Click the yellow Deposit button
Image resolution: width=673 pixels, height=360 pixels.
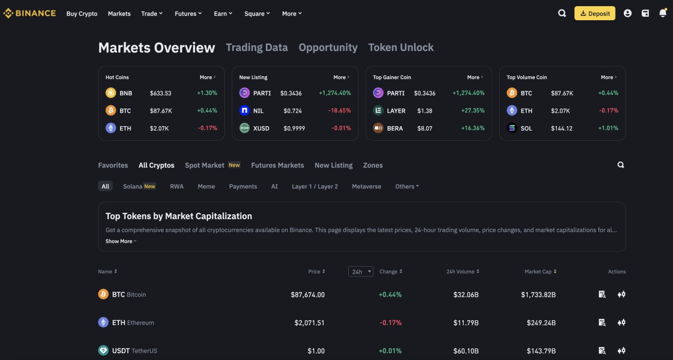point(594,13)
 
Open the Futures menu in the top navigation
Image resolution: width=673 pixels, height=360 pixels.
point(188,13)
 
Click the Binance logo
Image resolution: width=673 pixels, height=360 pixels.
point(30,13)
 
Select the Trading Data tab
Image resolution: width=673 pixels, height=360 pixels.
point(257,48)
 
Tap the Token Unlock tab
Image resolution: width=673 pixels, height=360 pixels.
point(401,48)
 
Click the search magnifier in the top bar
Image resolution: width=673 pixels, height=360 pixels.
point(562,13)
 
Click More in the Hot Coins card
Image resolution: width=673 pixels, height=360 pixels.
point(208,77)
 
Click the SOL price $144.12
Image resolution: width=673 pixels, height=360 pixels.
point(561,128)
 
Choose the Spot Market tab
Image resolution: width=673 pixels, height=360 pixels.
point(205,165)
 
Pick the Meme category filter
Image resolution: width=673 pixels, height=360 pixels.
point(206,187)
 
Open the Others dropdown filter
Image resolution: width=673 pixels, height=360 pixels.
point(407,187)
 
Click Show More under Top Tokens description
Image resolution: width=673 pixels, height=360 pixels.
point(121,241)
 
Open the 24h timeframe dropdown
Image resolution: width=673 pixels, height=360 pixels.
point(361,272)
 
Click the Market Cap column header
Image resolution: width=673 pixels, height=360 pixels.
point(540,272)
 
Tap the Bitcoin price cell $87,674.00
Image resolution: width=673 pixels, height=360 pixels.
point(307,294)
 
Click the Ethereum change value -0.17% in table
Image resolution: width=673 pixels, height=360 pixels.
point(390,322)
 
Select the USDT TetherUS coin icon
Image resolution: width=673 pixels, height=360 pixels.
point(103,350)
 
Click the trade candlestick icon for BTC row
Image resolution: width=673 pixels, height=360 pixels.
point(621,294)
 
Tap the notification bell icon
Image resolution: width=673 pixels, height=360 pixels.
point(662,13)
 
